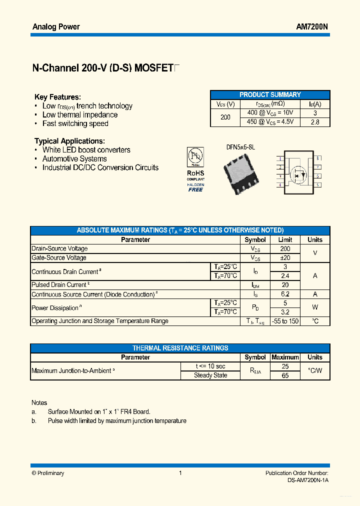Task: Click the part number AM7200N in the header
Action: click(312, 26)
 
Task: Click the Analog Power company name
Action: click(56, 26)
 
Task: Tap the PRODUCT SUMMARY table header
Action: click(270, 94)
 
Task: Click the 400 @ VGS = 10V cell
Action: click(270, 113)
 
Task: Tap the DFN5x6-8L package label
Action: click(240, 147)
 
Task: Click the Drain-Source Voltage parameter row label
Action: click(59, 248)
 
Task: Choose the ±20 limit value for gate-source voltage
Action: click(285, 257)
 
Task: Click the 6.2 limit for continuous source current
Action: click(285, 294)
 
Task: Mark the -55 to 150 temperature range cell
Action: click(285, 321)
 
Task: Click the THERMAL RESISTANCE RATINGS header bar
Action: click(180, 348)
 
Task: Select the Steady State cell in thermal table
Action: click(210, 375)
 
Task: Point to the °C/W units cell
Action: click(315, 371)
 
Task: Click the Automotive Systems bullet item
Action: click(74, 159)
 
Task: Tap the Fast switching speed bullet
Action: click(75, 123)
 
